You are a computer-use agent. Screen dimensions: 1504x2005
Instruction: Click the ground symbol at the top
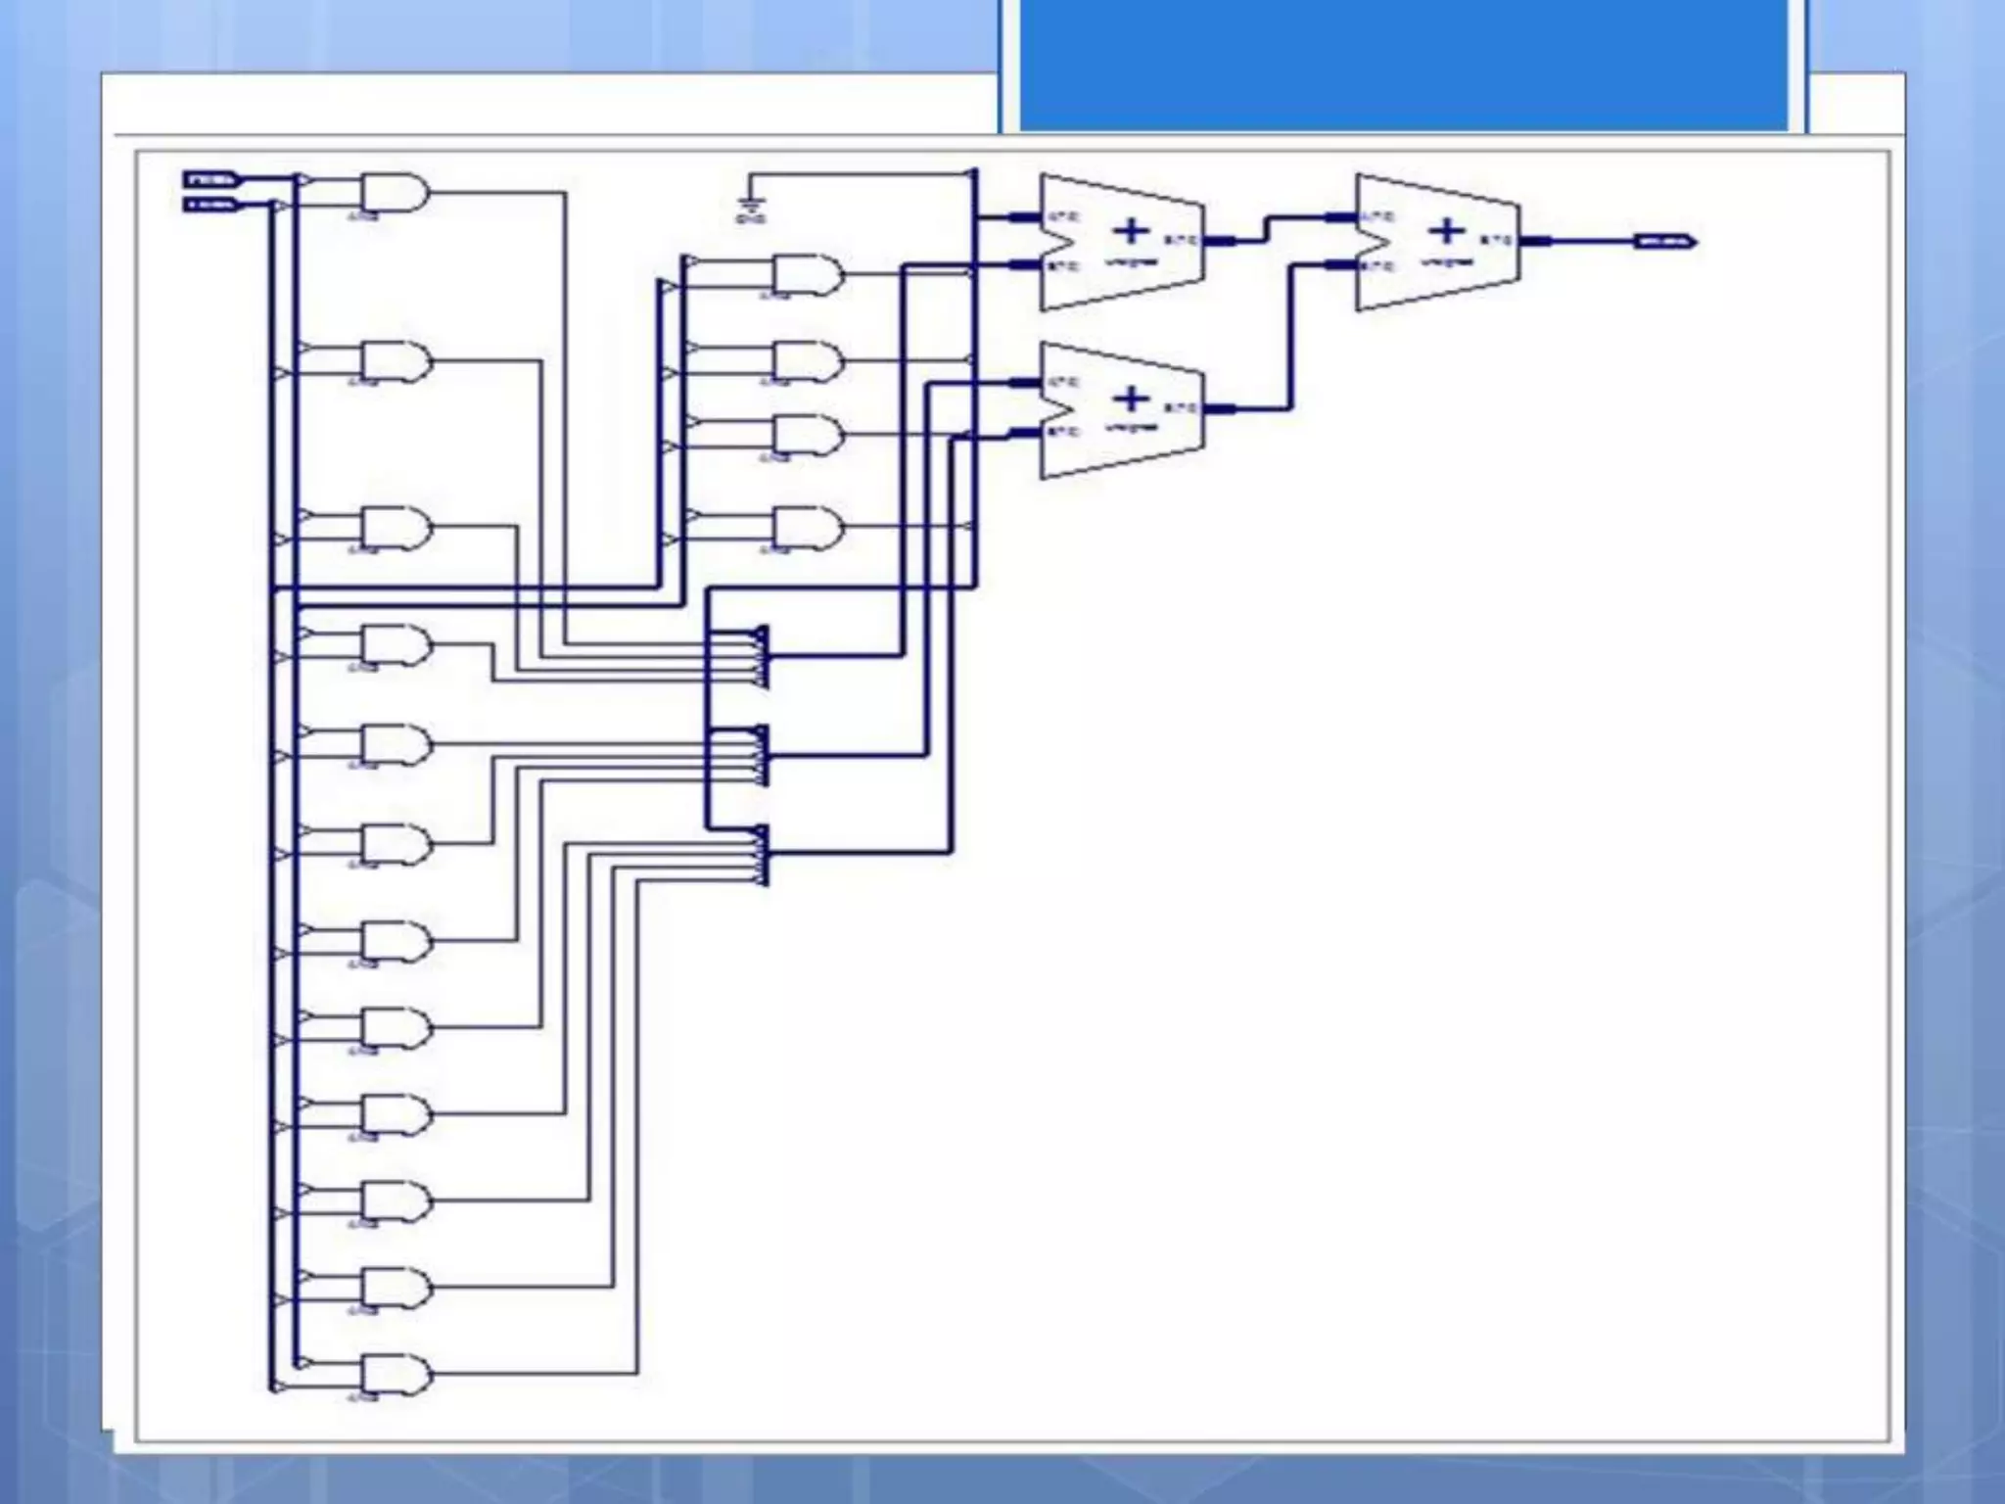[x=751, y=206]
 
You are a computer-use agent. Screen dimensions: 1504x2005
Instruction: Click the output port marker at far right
[x=1665, y=241]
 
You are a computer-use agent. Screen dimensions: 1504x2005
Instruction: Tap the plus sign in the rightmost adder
[x=1446, y=232]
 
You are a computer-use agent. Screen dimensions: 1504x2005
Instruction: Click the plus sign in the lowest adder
[x=1131, y=399]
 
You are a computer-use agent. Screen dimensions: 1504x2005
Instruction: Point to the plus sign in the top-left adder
[x=1131, y=232]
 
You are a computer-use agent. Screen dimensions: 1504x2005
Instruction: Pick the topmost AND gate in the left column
[x=395, y=193]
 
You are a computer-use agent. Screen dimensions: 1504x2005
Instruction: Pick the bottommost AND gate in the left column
[x=395, y=1374]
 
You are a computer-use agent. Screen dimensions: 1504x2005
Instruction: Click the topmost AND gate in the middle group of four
[x=807, y=275]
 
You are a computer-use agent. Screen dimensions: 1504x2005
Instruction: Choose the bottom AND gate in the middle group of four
[x=807, y=528]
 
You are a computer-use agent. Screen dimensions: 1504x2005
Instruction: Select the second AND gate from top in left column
[x=395, y=360]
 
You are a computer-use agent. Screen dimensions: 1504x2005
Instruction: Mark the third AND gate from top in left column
[x=395, y=528]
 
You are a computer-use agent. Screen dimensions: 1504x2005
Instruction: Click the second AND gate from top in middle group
[x=807, y=361]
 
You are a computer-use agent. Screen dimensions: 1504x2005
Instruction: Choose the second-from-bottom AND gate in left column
[x=395, y=1288]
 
